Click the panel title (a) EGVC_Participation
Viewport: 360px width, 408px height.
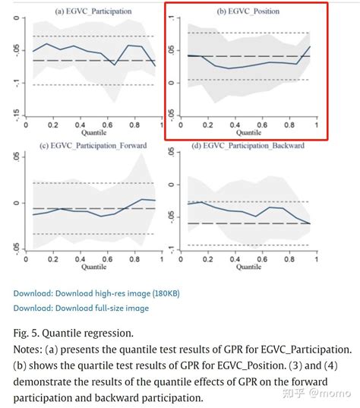click(93, 12)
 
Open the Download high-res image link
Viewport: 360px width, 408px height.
click(96, 293)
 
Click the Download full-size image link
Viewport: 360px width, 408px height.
click(81, 308)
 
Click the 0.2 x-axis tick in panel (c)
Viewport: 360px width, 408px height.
click(52, 258)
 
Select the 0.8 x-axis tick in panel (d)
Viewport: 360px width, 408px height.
click(289, 258)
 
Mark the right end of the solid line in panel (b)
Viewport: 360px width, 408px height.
click(310, 46)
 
